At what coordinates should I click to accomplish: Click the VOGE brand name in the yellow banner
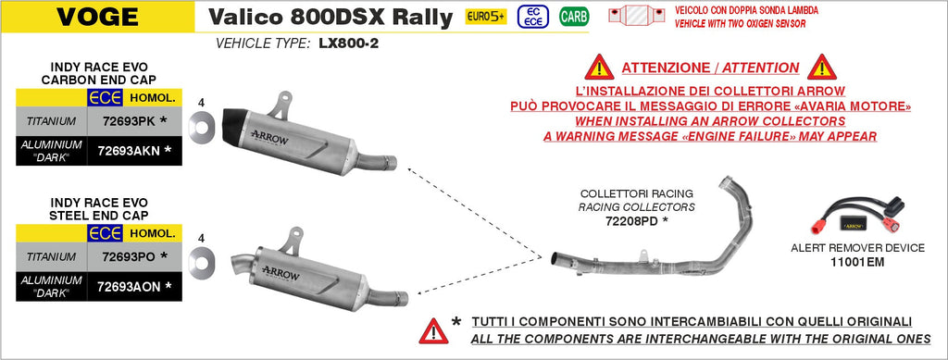pos(97,17)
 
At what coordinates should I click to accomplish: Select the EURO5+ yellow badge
pos(485,17)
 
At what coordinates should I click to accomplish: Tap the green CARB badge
pos(574,17)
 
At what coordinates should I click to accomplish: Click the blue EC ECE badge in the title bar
pos(533,17)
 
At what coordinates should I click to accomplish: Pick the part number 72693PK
pos(120,121)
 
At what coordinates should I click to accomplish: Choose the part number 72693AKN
pos(123,151)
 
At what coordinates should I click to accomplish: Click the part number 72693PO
pos(121,256)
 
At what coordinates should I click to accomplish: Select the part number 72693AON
pos(124,287)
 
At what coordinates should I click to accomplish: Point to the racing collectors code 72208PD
pos(631,221)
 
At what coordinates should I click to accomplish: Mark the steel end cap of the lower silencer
pos(244,266)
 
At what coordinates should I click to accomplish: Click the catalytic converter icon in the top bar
pos(637,16)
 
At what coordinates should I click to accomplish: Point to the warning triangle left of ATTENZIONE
pos(599,68)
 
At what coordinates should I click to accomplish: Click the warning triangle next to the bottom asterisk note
pos(433,331)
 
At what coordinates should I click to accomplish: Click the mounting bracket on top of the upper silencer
pos(279,106)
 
